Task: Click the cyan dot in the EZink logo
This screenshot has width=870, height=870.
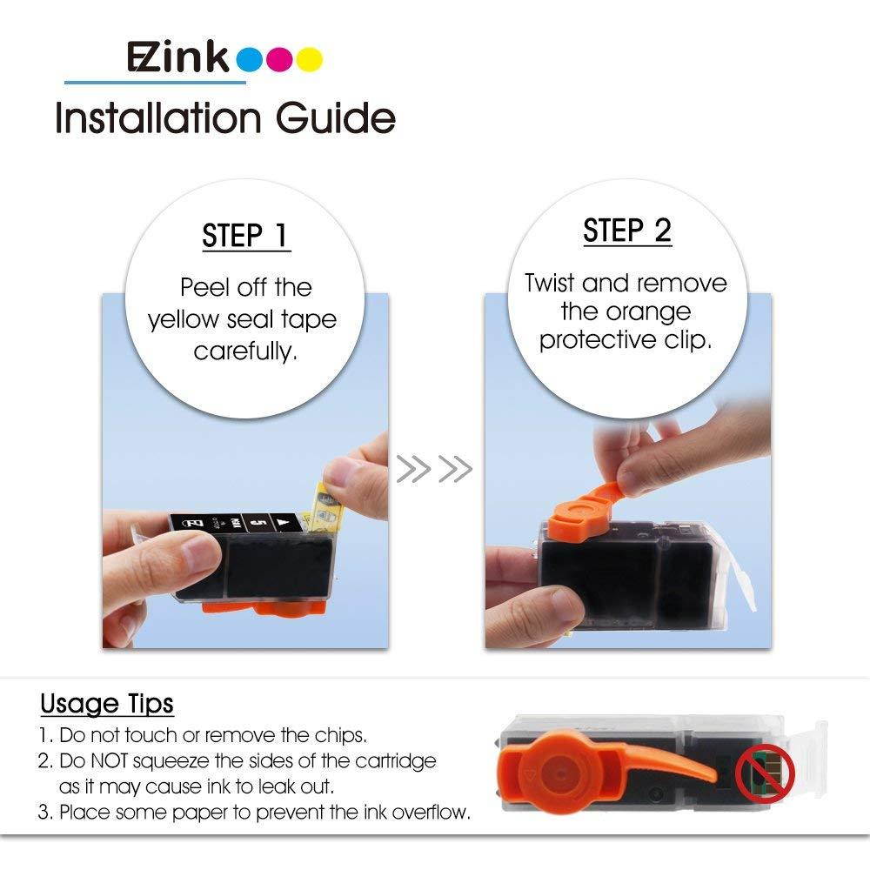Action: tap(251, 59)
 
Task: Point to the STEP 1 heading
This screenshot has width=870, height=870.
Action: tap(245, 236)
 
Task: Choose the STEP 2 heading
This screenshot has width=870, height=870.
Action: tap(627, 231)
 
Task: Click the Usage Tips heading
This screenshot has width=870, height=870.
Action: tap(107, 703)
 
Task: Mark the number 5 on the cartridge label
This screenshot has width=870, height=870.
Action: tap(258, 524)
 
